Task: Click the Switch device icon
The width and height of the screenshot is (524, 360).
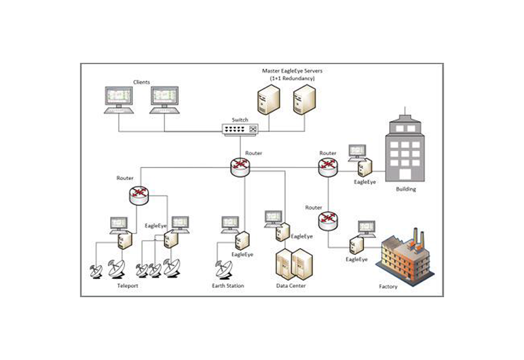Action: [239, 130]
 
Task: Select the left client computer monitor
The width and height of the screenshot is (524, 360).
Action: [119, 99]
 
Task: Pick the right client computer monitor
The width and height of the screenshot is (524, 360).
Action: [164, 99]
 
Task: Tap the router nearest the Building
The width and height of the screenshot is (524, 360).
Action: [327, 168]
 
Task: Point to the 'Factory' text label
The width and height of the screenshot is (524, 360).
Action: [389, 287]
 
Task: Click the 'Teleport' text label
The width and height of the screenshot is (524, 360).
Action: [128, 286]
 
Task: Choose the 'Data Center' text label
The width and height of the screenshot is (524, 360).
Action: [291, 286]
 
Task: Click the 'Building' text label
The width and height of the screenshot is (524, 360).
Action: [406, 190]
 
